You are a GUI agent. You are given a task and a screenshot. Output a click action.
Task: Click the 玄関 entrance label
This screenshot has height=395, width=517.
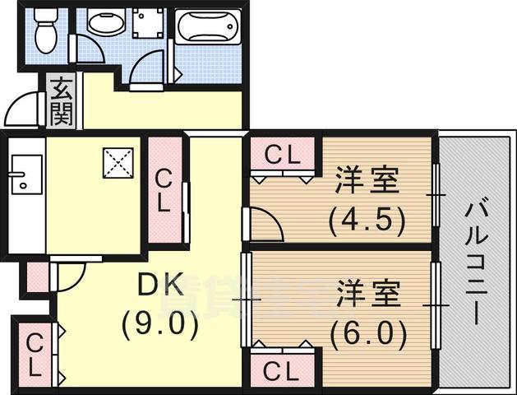pyautogui.click(x=60, y=100)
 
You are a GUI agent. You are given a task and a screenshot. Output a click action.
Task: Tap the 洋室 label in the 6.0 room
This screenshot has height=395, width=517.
pyautogui.click(x=368, y=295)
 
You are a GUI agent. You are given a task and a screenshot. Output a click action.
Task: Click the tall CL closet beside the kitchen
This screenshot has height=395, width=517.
pyautogui.click(x=164, y=191)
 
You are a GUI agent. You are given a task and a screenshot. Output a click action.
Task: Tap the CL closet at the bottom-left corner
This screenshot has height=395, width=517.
pyautogui.click(x=34, y=354)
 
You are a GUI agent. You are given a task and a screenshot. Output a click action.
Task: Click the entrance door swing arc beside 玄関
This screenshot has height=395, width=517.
pyautogui.click(x=23, y=109)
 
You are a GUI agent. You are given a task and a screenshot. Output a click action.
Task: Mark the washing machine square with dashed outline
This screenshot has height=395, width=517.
pyautogui.click(x=149, y=26)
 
